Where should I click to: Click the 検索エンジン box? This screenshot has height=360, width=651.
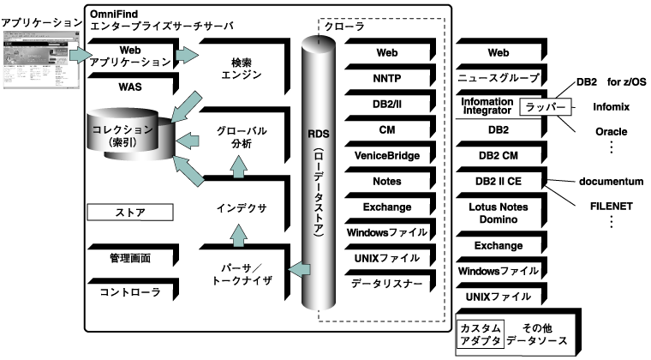pos(239,69)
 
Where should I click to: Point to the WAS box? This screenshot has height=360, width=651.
pos(129,87)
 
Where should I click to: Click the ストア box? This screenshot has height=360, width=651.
pos(129,211)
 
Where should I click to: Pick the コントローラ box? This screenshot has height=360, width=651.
pos(129,292)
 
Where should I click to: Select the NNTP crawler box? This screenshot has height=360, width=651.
pos(387,79)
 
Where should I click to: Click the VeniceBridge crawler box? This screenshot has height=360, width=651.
pos(387,155)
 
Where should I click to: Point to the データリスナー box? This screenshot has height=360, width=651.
pos(387,284)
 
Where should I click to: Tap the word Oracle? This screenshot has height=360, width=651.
pos(611,132)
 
